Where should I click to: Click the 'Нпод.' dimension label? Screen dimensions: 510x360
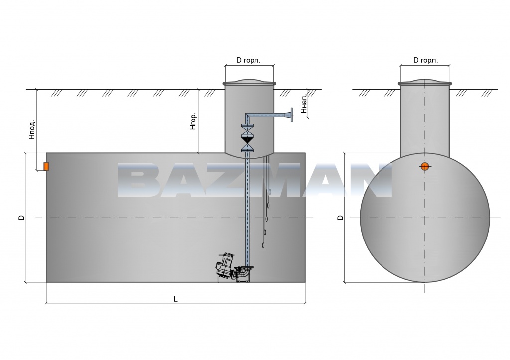tap(31, 129)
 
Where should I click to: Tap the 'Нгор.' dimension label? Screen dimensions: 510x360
tap(193, 122)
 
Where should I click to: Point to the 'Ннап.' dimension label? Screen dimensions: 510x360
tap(304, 104)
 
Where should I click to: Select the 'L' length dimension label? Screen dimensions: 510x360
tap(176, 299)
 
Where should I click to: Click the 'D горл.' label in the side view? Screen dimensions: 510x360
tap(248, 60)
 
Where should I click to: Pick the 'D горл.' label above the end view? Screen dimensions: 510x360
tap(425, 60)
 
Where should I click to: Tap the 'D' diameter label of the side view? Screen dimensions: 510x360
tap(21, 217)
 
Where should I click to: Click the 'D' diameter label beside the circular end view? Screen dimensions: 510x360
tap(341, 217)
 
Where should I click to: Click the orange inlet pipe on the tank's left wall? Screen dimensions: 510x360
tap(46, 166)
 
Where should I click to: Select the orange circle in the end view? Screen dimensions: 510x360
tap(425, 166)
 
